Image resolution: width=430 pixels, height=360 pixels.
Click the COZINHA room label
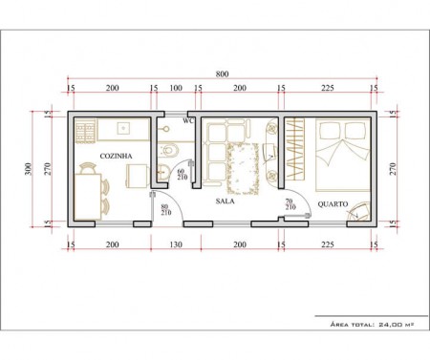point(116,156)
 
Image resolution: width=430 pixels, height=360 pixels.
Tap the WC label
point(188,121)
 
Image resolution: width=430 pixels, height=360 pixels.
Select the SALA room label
point(225,201)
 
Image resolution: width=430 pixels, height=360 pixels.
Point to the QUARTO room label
point(333,204)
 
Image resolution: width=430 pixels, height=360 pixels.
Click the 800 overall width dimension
point(222,74)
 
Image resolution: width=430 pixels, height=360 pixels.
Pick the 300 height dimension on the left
point(29,169)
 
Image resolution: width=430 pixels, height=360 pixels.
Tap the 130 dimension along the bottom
point(176,244)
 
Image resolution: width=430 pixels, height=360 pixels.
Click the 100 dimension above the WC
point(176,88)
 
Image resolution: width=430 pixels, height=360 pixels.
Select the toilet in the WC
point(168,150)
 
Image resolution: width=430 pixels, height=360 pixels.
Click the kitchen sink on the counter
point(123,128)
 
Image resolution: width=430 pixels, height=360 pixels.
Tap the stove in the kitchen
point(85,130)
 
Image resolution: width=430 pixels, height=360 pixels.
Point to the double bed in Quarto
point(343,155)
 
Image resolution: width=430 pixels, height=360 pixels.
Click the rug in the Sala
point(243,168)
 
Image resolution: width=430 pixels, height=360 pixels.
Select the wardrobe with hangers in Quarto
point(295,148)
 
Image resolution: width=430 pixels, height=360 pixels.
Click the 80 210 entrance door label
point(166,210)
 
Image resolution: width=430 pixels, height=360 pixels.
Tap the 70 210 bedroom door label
point(290,204)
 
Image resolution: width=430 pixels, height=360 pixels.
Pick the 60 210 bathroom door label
point(183,174)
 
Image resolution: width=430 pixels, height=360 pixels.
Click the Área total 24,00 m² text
point(372,325)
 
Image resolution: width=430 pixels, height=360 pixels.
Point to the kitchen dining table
point(88,197)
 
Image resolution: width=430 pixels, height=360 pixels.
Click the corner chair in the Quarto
point(359,211)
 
